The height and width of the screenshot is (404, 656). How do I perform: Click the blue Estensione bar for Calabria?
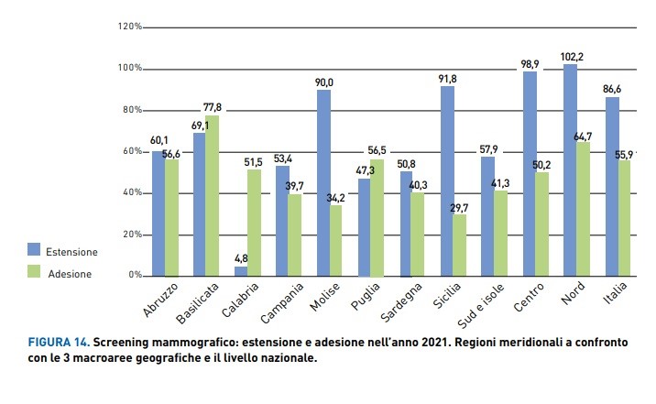240,271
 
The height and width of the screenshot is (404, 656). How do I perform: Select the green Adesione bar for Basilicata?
213,195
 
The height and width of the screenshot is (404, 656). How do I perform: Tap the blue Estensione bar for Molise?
323,183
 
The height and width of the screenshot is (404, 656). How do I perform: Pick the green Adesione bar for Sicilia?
461,245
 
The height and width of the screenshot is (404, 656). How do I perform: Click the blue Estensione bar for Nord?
571,170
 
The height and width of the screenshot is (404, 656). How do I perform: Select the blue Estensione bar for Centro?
530,174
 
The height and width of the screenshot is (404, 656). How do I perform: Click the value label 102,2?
573,57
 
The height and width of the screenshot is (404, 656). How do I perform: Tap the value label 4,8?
241,259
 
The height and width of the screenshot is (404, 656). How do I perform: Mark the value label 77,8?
213,108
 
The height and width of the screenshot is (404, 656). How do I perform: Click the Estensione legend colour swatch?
34,249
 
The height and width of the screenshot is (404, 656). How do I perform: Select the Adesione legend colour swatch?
34,271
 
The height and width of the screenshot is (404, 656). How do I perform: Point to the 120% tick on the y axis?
130,27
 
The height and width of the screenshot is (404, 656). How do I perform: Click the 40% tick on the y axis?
130,193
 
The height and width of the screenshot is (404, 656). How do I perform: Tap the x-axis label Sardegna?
399,299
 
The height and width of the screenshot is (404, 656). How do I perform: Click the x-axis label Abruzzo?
161,299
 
